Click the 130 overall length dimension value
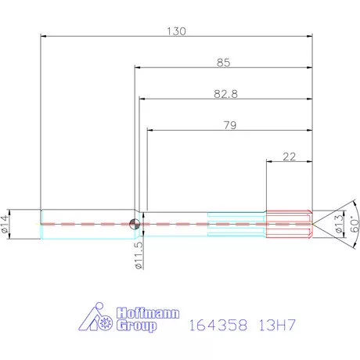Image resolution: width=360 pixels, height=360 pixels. tap(176, 31)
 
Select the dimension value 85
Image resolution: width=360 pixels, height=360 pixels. tap(221, 62)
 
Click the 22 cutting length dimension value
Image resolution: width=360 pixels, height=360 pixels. tap(288, 157)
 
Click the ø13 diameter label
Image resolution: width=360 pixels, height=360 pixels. tap(339, 225)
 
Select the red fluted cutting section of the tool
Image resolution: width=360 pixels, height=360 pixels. tap(290, 223)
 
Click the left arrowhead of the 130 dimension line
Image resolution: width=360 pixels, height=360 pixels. tap(43, 36)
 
